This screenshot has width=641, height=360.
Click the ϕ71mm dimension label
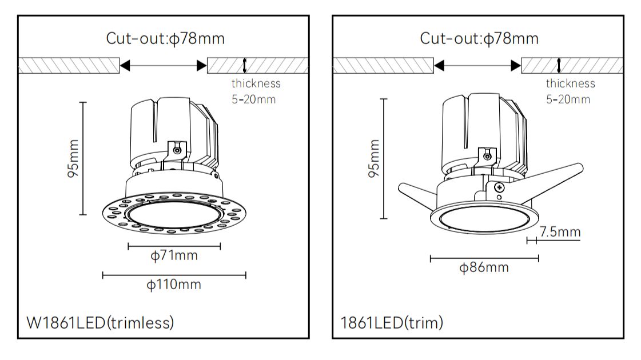[x=174, y=256]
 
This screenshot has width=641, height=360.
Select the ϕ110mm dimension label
[x=174, y=285]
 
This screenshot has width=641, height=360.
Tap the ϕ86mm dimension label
[x=484, y=267]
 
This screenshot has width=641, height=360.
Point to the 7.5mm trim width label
[x=560, y=232]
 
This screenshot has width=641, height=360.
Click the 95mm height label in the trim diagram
[x=373, y=158]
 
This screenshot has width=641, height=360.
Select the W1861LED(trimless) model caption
[x=101, y=323]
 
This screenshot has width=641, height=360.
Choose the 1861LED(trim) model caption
[x=392, y=323]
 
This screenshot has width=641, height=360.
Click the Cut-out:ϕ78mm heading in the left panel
[x=166, y=39]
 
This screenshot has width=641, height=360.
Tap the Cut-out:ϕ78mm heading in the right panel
[x=479, y=39]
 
